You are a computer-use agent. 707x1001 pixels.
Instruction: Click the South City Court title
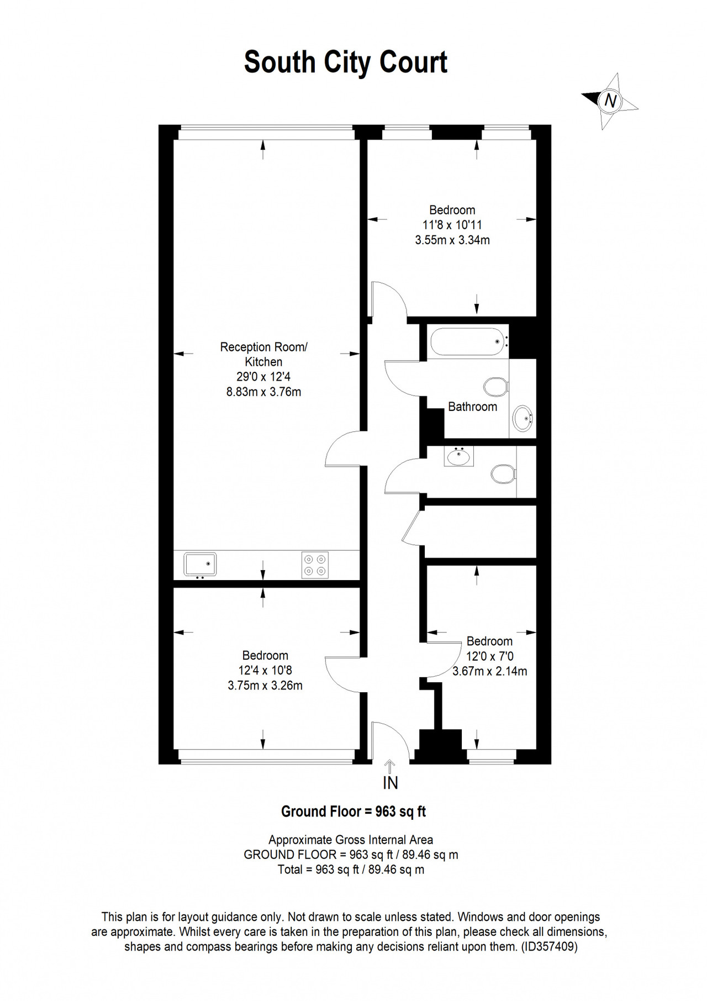[346, 62]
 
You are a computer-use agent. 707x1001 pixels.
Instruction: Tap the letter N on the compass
[610, 101]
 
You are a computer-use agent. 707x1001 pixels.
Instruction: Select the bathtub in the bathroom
[469, 342]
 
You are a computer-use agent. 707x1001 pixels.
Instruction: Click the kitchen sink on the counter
[200, 564]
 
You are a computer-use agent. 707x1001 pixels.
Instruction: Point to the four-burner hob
[315, 565]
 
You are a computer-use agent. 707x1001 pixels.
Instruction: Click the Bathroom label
[472, 407]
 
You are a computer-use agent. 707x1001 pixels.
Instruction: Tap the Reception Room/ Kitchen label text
[263, 355]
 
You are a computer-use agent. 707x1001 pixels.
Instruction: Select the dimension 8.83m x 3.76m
[263, 392]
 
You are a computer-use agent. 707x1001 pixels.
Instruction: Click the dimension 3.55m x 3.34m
[452, 240]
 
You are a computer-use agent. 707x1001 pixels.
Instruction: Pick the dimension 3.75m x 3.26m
[265, 686]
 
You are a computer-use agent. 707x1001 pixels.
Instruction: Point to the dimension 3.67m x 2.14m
[490, 671]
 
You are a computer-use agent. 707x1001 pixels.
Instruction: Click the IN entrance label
[391, 783]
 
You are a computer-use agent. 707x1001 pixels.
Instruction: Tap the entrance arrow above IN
[390, 767]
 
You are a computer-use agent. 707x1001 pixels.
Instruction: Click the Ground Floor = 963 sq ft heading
[353, 812]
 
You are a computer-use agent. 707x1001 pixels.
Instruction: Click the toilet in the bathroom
[495, 387]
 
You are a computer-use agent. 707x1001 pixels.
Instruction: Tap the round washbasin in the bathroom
[523, 418]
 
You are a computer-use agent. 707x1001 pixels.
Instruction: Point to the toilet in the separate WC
[503, 473]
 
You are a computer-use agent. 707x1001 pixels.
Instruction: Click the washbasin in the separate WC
[458, 456]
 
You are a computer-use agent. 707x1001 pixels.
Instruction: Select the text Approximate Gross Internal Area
[351, 840]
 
